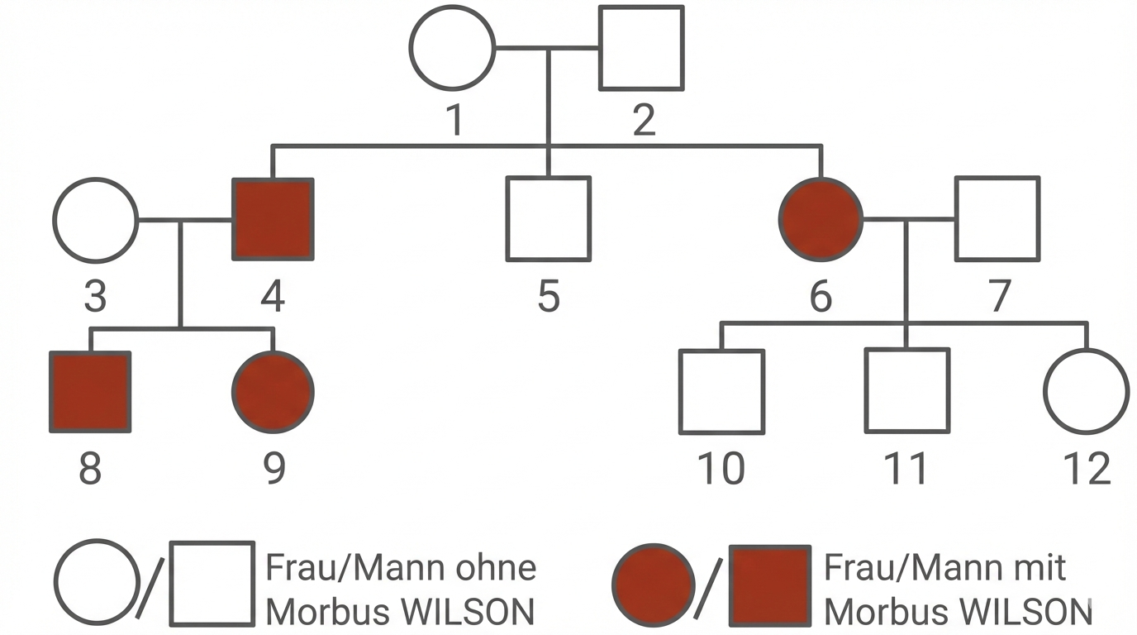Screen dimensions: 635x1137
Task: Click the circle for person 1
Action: click(453, 47)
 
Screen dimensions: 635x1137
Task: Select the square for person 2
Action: click(640, 47)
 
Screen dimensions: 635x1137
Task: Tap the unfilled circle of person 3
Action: click(95, 220)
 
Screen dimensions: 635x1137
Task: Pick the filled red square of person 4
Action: click(273, 219)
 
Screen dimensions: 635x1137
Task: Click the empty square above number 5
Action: click(548, 218)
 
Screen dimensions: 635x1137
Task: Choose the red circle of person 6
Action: click(821, 219)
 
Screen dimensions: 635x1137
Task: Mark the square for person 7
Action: click(997, 218)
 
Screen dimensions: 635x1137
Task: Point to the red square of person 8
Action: click(90, 392)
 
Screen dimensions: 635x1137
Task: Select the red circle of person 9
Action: click(273, 392)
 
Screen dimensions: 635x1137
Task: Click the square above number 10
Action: click(721, 391)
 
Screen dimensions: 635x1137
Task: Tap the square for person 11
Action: click(906, 391)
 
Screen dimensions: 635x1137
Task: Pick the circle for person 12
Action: click(1086, 391)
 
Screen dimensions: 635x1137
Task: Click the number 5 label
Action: click(549, 297)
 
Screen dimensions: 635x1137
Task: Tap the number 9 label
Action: click(274, 469)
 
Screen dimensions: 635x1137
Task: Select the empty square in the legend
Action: click(212, 584)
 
